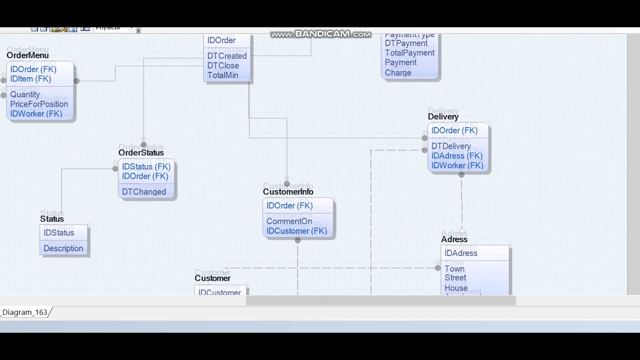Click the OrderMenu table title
pos(27,55)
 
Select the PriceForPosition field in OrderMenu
pos(39,104)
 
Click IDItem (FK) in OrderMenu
pos(30,79)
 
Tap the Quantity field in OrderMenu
pos(25,94)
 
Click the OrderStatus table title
pos(141,152)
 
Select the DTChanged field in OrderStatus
pos(144,191)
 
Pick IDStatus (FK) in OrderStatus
pos(146,166)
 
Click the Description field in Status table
pos(63,248)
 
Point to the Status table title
pos(52,219)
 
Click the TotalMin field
pos(222,75)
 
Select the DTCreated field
pos(227,56)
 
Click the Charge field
pos(398,72)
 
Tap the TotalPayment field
pos(409,53)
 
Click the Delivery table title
pos(443,116)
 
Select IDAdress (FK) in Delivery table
pos(457,156)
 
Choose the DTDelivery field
pos(451,146)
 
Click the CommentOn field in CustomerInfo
pos(289,221)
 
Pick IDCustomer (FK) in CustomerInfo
pos(296,231)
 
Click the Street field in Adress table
pos(455,278)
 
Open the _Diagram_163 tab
pos(24,312)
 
